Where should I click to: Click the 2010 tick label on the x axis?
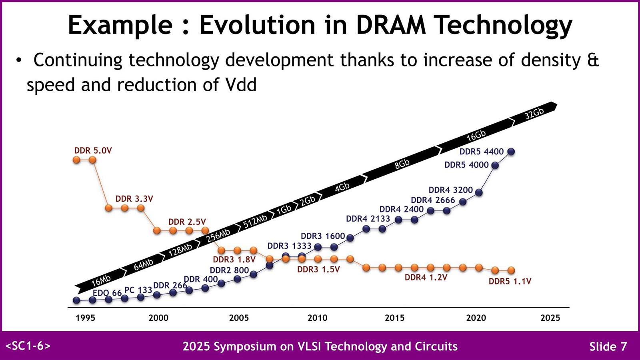317,318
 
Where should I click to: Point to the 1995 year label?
85,318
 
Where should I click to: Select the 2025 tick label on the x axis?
550,318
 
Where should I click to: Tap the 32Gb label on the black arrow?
534,114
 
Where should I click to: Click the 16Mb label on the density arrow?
101,281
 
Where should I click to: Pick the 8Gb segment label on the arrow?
402,164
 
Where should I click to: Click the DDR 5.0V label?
93,151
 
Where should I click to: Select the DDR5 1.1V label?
510,282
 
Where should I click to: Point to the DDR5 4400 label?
481,152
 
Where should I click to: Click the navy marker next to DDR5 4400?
511,152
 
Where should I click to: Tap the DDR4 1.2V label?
426,278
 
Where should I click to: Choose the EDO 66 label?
107,293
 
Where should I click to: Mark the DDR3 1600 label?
323,236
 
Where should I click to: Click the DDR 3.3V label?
134,199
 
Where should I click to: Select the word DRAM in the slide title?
391,25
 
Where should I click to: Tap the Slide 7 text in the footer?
608,346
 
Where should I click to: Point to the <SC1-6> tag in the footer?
28,346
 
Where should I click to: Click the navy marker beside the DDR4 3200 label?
479,192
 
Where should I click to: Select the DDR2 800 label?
229,270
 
